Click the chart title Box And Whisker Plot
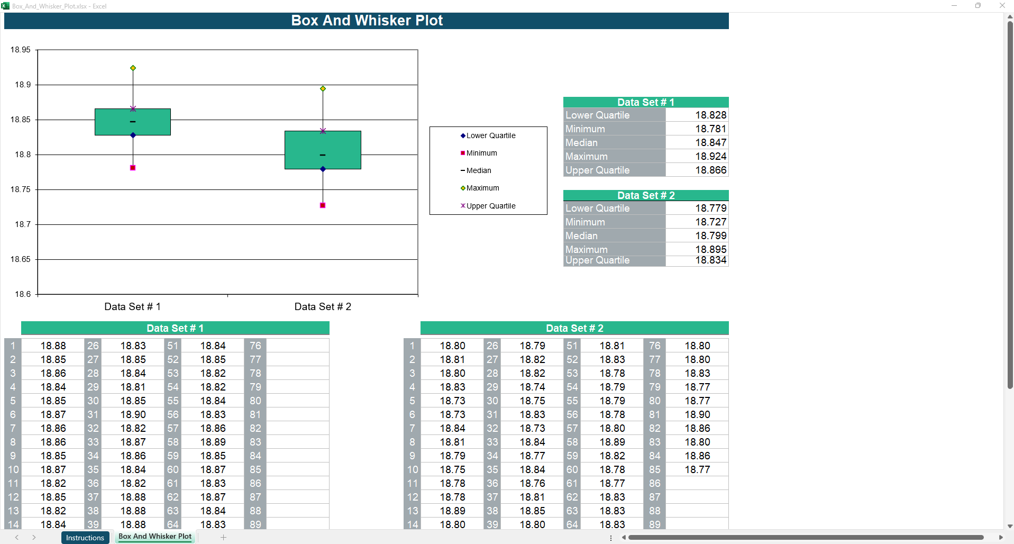pos(367,21)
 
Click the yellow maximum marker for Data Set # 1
pos(133,68)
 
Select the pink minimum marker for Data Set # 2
pos(323,205)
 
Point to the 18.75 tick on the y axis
pos(21,189)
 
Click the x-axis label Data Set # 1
pos(132,307)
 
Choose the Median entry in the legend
pos(478,170)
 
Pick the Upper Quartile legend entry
pos(490,206)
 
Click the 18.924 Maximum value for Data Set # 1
pos(710,156)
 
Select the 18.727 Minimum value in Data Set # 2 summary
pos(710,222)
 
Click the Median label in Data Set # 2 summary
pos(581,235)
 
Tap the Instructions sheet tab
pos(85,538)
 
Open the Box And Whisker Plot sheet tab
pos(155,537)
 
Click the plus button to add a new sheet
pos(223,538)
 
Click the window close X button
pos(1002,6)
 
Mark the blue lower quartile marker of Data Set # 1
pos(133,135)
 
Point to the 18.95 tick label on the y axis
pos(21,50)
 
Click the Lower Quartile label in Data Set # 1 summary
pos(597,115)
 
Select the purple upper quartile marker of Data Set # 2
pos(323,131)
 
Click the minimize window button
pos(954,6)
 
